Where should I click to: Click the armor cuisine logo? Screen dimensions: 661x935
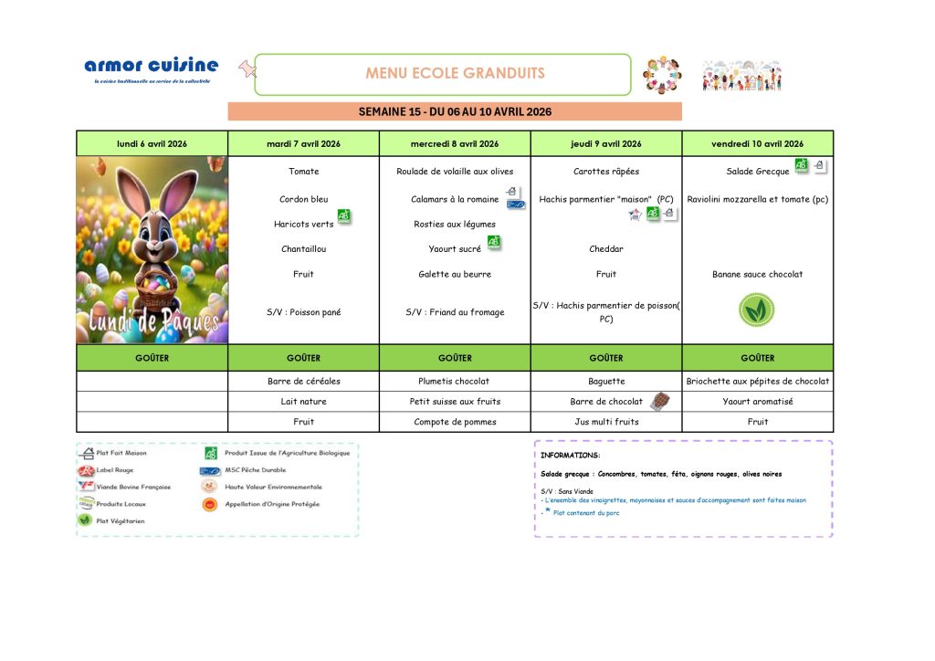tap(152, 68)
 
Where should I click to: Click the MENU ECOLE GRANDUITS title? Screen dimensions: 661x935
tap(455, 73)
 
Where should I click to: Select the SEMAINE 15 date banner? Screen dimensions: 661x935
tap(455, 111)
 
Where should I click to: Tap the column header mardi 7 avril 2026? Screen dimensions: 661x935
tap(303, 143)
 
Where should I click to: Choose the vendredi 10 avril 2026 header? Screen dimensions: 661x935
tap(757, 143)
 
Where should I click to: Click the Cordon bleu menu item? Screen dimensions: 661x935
tap(303, 199)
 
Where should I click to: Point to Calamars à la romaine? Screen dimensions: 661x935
tap(454, 199)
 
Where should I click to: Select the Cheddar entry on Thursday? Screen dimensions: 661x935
tap(605, 248)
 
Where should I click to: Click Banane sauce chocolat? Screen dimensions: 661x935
tap(757, 274)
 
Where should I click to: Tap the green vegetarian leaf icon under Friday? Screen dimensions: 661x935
tap(756, 310)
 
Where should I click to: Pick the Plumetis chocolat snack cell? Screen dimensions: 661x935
tap(455, 381)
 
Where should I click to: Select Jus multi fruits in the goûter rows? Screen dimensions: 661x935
tap(605, 422)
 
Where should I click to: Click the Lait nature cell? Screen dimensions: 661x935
tap(303, 401)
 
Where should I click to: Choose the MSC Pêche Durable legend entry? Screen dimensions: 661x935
tap(260, 470)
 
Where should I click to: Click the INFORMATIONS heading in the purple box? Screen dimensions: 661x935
tap(570, 455)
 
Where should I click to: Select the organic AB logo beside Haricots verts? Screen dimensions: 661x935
tap(344, 216)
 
